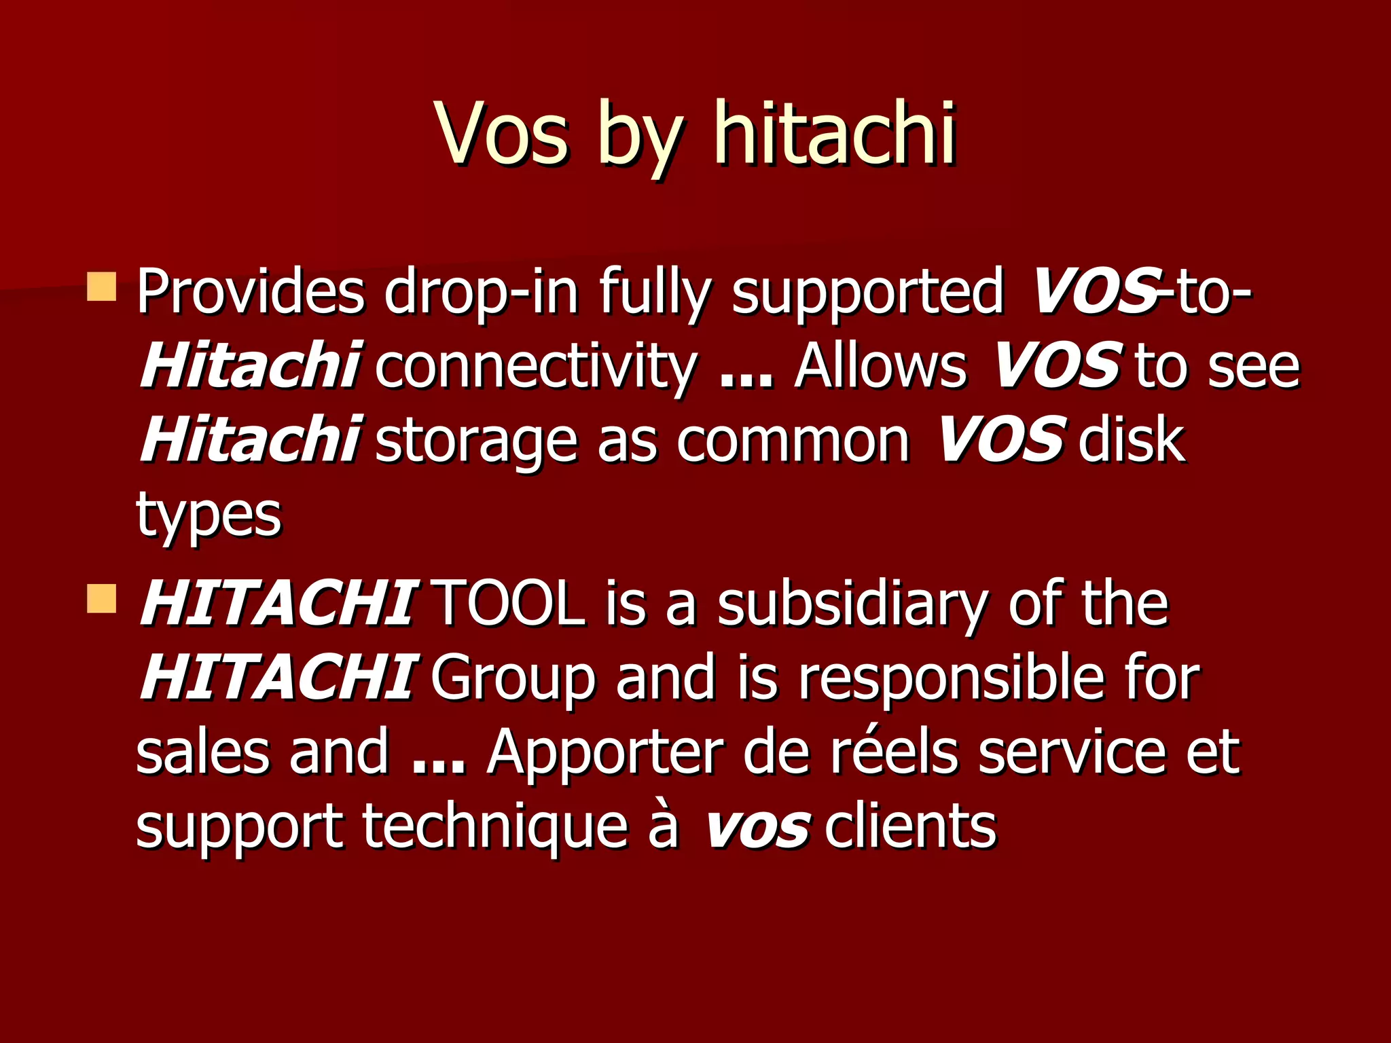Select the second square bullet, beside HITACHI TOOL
(x=102, y=598)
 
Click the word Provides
(x=251, y=292)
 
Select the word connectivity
(x=536, y=367)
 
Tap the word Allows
(x=880, y=367)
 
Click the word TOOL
(x=508, y=604)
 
